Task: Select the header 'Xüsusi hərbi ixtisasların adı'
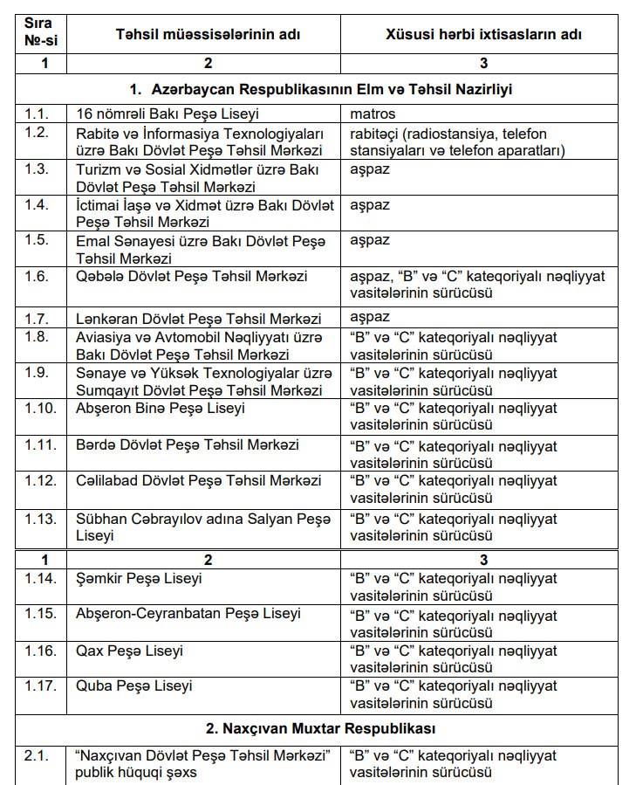(483, 34)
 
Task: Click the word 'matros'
(373, 114)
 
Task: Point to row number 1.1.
(37, 114)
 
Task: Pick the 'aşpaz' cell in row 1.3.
(370, 169)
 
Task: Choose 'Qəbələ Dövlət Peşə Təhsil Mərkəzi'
(192, 276)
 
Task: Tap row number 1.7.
(38, 318)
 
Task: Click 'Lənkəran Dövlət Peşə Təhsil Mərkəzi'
(199, 319)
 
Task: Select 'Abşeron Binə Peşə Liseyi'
(161, 408)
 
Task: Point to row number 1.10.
(40, 408)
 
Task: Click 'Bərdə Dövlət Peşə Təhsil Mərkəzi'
(187, 444)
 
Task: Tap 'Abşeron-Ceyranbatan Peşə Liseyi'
(188, 614)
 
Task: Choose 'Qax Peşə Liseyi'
(130, 651)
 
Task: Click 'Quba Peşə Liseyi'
(134, 686)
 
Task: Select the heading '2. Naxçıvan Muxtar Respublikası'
(318, 727)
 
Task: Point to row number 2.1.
(38, 755)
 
